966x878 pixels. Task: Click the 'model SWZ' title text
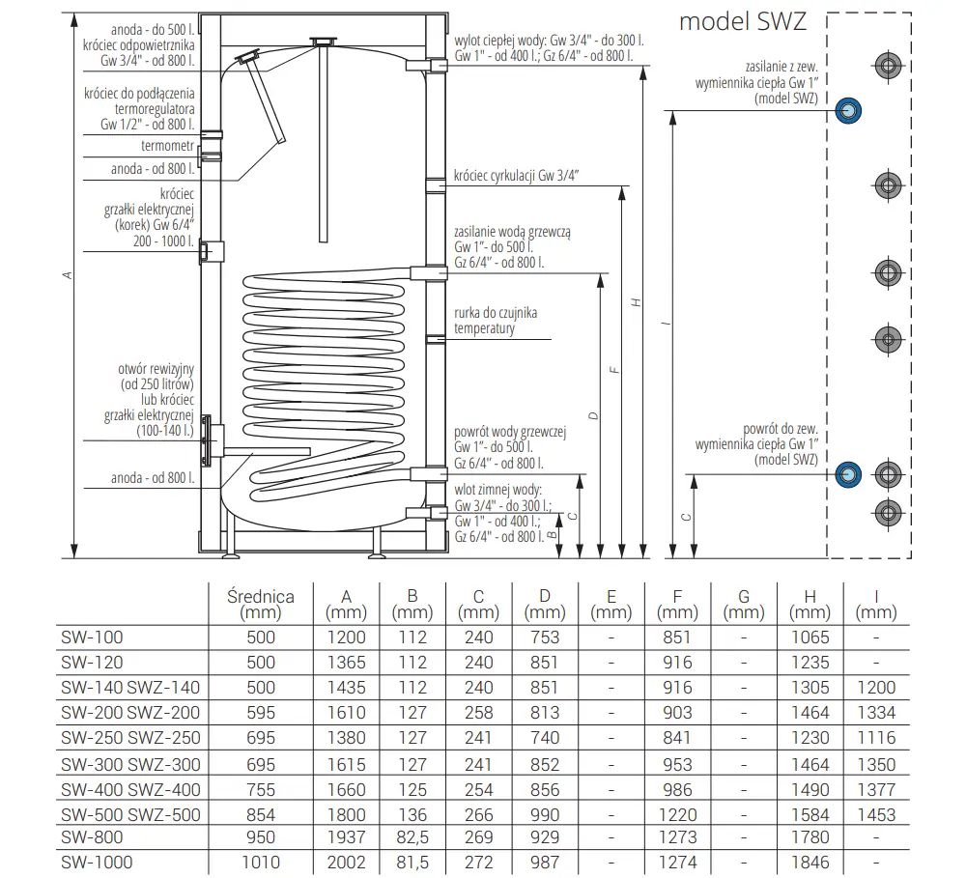pos(742,21)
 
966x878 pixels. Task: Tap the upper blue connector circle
pos(848,111)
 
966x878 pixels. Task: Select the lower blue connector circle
pos(848,474)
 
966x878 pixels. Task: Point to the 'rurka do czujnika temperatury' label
pos(496,322)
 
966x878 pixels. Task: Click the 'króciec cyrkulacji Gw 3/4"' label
pos(517,177)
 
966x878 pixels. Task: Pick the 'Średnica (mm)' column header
pos(261,605)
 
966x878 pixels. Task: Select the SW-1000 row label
pos(96,863)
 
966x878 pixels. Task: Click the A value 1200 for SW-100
pos(348,637)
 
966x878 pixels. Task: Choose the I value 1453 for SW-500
pos(876,813)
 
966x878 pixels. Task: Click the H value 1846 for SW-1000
pos(810,863)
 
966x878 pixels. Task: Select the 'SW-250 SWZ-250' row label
pos(129,739)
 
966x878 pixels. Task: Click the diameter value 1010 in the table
pos(261,863)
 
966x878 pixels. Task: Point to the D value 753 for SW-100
pos(545,637)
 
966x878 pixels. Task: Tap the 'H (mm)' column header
pos(810,605)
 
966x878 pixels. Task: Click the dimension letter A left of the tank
pos(68,275)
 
